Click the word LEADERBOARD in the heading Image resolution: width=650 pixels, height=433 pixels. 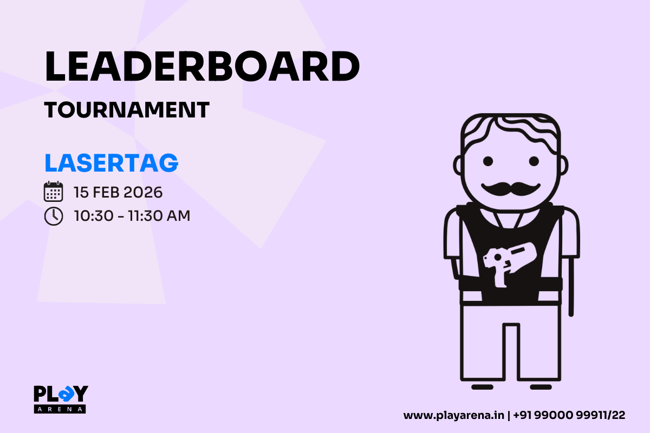coord(201,68)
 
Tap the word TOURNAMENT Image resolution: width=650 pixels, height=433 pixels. coord(127,110)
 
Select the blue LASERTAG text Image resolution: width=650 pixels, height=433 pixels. coord(111,163)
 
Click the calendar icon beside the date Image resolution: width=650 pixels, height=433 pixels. coord(53,192)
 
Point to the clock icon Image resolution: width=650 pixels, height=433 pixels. coord(53,216)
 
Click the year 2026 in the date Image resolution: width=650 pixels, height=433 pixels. coord(144,192)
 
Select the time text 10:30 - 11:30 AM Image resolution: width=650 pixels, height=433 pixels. coord(132,216)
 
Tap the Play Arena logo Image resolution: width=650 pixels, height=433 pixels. coord(60,399)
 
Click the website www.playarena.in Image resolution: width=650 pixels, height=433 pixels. coord(454,416)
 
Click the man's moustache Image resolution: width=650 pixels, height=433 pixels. coord(511,188)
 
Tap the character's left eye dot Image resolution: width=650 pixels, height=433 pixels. coord(488,161)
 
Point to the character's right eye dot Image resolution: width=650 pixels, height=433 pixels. coord(534,161)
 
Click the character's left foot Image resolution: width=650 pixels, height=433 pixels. coord(482,387)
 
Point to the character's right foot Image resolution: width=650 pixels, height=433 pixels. coord(540,387)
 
